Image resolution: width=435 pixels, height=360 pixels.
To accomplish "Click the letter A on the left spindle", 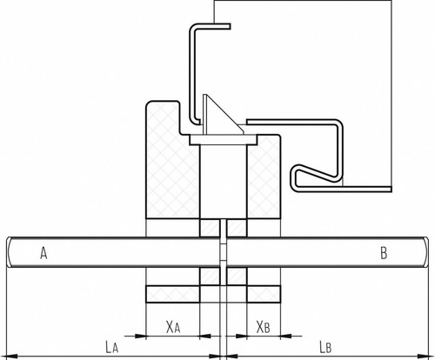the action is click(x=43, y=253).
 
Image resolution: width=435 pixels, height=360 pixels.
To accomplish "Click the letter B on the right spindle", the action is click(x=384, y=253).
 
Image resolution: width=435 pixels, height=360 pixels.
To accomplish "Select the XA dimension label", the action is click(x=173, y=327).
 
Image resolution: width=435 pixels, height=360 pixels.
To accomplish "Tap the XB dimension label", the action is click(x=263, y=327).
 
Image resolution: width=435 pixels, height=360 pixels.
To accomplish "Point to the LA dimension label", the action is click(x=111, y=347).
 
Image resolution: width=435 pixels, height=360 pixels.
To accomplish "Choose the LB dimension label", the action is click(x=325, y=347).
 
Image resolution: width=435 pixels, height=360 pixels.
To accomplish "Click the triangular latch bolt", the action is click(x=222, y=116).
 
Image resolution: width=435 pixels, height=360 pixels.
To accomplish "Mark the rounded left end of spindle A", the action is click(x=9, y=252).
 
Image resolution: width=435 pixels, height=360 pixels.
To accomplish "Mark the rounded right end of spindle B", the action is click(x=425, y=252).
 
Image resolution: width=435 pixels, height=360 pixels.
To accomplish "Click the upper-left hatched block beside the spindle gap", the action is click(x=210, y=228).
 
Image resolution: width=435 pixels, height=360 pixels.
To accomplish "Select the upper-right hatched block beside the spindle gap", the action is click(x=237, y=228).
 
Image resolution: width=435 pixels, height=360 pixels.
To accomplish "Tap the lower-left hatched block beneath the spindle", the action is click(x=210, y=277).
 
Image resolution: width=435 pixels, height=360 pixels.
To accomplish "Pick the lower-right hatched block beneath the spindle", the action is click(x=237, y=277).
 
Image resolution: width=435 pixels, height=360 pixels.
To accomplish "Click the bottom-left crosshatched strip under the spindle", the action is click(x=173, y=294).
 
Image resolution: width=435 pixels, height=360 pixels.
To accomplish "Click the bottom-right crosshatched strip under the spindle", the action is click(x=264, y=294).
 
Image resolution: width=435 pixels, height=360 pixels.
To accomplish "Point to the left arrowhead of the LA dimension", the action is click(x=11, y=357).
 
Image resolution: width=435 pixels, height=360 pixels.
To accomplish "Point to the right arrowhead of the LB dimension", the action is click(x=423, y=357).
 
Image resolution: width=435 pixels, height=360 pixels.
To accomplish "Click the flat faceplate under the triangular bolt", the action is click(x=224, y=140).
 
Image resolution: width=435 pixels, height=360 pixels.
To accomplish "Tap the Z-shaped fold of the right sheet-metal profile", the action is click(x=315, y=177).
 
